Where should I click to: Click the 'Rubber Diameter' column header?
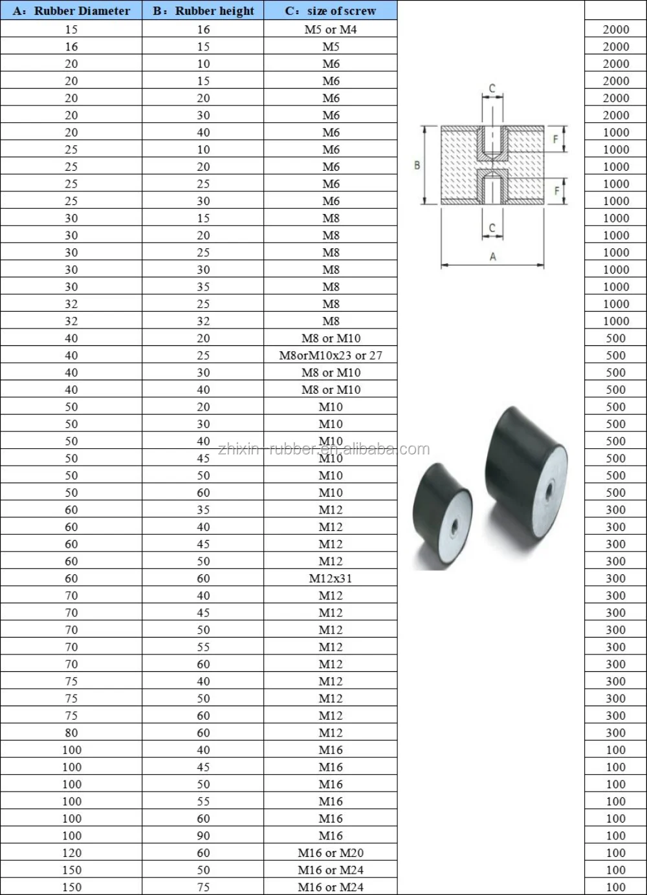tap(71, 11)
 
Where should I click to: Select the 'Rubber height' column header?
tap(203, 11)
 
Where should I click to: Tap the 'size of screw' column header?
tap(331, 11)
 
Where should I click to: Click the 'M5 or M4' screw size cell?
tap(331, 29)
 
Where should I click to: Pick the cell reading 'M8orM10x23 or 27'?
tap(331, 355)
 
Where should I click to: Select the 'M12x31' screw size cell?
tap(331, 578)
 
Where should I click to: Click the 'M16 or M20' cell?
tap(331, 853)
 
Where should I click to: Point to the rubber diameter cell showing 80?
tap(71, 733)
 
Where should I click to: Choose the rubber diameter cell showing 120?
tap(71, 853)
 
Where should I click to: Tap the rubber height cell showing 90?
tap(203, 836)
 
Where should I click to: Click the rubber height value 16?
tap(203, 29)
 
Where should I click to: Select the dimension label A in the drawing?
tap(492, 257)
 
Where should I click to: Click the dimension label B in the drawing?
tap(417, 166)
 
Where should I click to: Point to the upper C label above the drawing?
tap(492, 89)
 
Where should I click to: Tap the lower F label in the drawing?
tap(556, 191)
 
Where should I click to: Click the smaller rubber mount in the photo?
tap(442, 515)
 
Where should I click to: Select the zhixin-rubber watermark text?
tap(323, 449)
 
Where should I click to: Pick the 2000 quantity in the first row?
tap(615, 29)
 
